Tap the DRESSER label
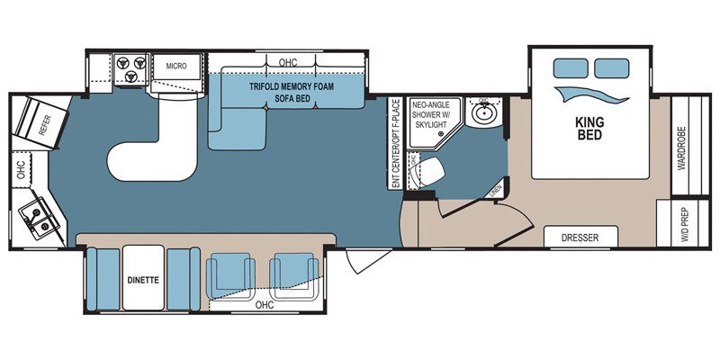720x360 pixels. [580, 238]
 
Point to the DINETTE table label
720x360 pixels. [143, 279]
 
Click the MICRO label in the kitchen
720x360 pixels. [176, 66]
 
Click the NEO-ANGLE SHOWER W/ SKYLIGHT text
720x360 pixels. [428, 117]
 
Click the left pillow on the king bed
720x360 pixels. [570, 67]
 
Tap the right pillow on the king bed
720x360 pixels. [612, 67]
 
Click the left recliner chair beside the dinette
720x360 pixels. [229, 274]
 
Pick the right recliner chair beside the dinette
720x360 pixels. [295, 274]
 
